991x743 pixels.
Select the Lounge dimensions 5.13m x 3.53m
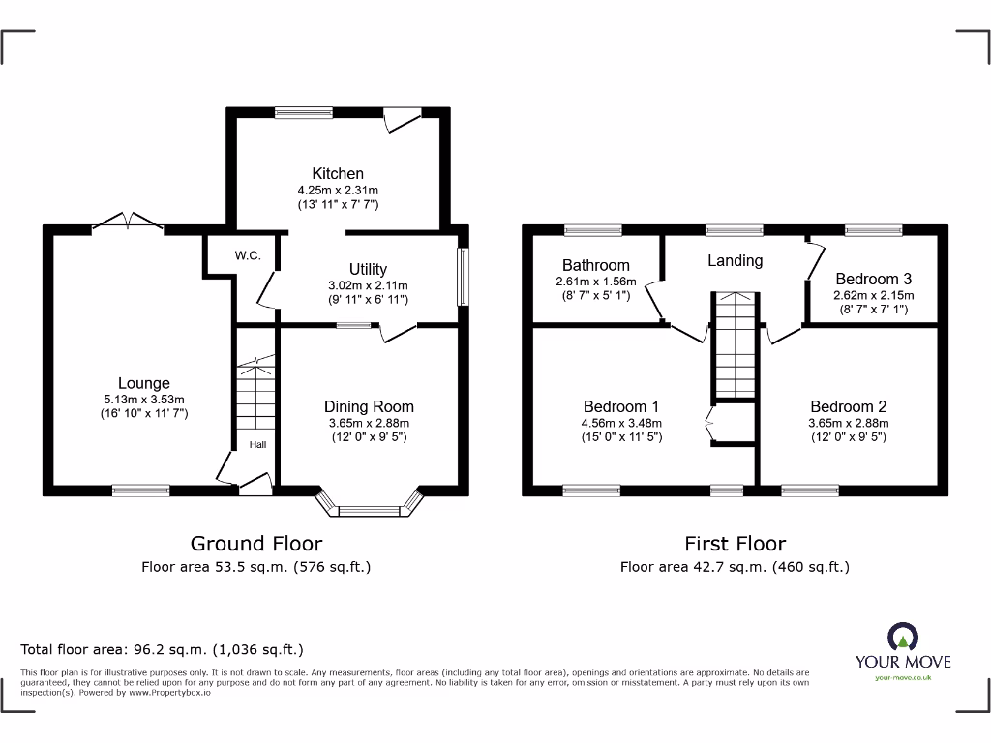pyautogui.click(x=144, y=399)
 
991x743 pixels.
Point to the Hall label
pyautogui.click(x=258, y=445)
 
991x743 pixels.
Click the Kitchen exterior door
pyautogui.click(x=401, y=119)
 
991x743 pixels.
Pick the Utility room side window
pyautogui.click(x=463, y=280)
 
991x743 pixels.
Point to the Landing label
pyautogui.click(x=735, y=260)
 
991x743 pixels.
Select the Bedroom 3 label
pyautogui.click(x=874, y=279)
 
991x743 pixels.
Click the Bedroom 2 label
pyautogui.click(x=848, y=406)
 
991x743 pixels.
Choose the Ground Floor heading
pyautogui.click(x=255, y=544)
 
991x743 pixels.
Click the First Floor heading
pyautogui.click(x=735, y=544)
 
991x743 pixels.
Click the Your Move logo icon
pyautogui.click(x=902, y=638)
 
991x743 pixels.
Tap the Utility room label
pyautogui.click(x=368, y=269)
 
